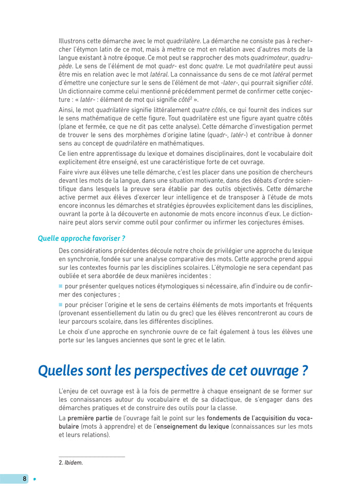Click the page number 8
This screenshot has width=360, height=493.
[x=24, y=479]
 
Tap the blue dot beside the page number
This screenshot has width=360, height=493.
[x=35, y=479]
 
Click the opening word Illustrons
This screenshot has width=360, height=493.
[x=74, y=41]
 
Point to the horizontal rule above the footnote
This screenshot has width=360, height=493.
[x=92, y=456]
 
